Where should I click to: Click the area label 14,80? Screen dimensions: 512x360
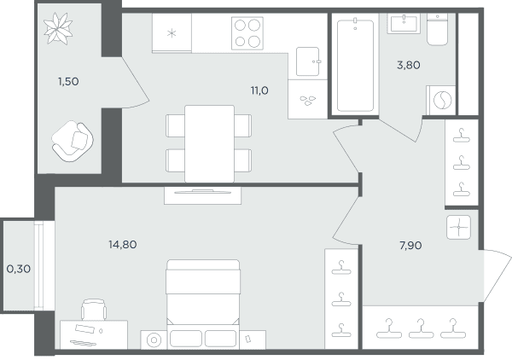pyautogui.click(x=122, y=245)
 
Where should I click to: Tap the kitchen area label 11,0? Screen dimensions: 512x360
pyautogui.click(x=259, y=90)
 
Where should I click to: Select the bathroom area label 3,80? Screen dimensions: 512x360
pyautogui.click(x=409, y=65)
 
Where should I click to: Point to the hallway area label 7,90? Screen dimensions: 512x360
pyautogui.click(x=410, y=245)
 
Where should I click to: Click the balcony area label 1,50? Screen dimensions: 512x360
pyautogui.click(x=68, y=81)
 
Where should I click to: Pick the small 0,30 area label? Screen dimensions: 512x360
pyautogui.click(x=19, y=269)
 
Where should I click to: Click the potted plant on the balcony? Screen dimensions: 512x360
pyautogui.click(x=58, y=28)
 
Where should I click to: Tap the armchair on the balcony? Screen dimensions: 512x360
pyautogui.click(x=73, y=141)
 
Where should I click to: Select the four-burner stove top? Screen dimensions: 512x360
pyautogui.click(x=247, y=33)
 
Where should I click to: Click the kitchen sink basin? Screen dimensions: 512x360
pyautogui.click(x=307, y=61)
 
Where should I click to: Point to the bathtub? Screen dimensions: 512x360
pyautogui.click(x=355, y=66)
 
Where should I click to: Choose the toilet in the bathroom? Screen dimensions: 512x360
pyautogui.click(x=437, y=29)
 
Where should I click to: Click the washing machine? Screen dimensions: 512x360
pyautogui.click(x=441, y=100)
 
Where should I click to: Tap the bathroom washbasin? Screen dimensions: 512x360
pyautogui.click(x=404, y=23)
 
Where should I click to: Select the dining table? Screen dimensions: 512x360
pyautogui.click(x=209, y=143)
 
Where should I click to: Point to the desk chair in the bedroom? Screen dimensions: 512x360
pyautogui.click(x=94, y=310)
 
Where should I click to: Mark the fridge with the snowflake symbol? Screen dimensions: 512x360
pyautogui.click(x=172, y=32)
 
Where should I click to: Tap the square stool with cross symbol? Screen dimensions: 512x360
pyautogui.click(x=459, y=227)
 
